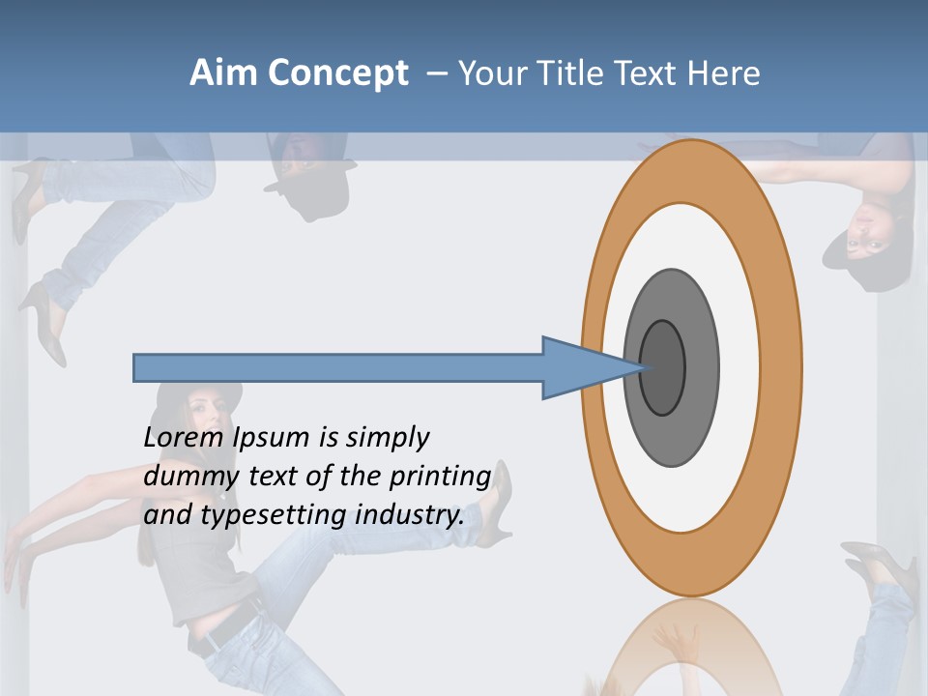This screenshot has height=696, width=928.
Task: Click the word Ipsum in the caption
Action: pyautogui.click(x=272, y=437)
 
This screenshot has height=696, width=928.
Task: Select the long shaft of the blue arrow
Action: pyautogui.click(x=338, y=367)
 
